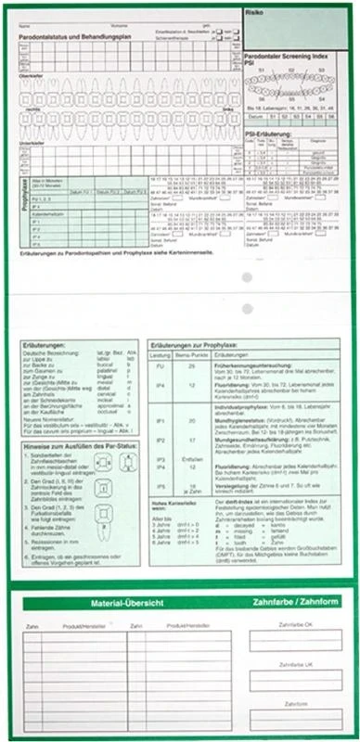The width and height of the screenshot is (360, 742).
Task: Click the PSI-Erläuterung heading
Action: click(x=269, y=133)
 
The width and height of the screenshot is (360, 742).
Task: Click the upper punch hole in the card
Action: click(x=248, y=279)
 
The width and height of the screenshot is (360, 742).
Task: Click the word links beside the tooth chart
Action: click(x=225, y=109)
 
